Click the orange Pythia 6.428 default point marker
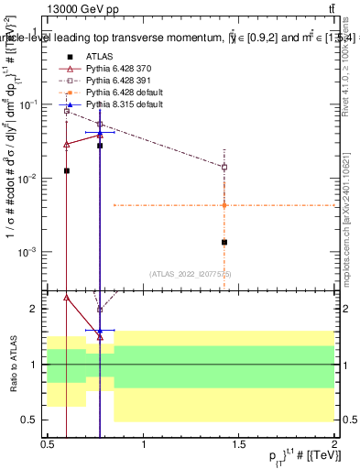[224, 205]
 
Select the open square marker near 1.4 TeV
[224, 167]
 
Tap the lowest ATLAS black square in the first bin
[67, 170]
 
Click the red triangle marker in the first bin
[67, 144]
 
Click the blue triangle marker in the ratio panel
[100, 330]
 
